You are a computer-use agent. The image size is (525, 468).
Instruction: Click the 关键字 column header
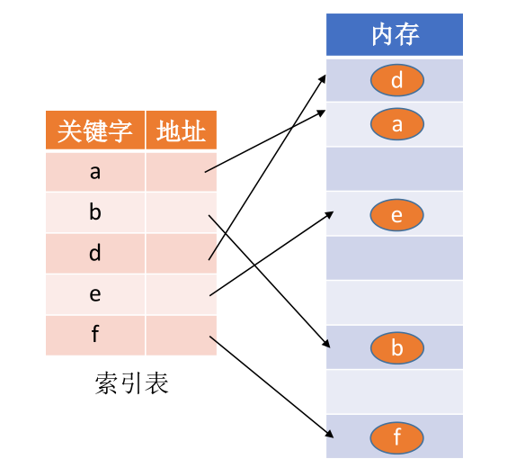[94, 131]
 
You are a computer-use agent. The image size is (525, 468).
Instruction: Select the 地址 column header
[181, 131]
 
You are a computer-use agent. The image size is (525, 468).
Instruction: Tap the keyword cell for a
[94, 172]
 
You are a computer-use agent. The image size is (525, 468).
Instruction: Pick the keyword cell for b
[94, 213]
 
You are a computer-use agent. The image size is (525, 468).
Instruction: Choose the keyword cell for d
[94, 254]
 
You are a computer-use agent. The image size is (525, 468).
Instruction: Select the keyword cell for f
[94, 336]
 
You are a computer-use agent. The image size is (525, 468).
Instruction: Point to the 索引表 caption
[131, 383]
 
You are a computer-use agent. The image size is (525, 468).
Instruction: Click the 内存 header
[395, 36]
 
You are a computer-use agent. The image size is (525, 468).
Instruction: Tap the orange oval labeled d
[396, 81]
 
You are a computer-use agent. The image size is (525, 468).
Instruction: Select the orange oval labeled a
[396, 125]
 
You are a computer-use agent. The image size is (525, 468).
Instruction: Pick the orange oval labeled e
[396, 215]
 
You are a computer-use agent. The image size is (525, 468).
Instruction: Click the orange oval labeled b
[396, 348]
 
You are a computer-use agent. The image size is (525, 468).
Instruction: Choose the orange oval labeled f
[396, 438]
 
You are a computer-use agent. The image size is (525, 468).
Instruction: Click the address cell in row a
[181, 172]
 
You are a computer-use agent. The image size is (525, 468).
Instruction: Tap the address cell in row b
[181, 213]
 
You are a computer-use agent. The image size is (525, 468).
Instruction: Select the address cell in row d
[181, 254]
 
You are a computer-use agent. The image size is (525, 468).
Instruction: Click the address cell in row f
[181, 336]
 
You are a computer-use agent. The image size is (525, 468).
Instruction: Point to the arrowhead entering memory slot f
[330, 435]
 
